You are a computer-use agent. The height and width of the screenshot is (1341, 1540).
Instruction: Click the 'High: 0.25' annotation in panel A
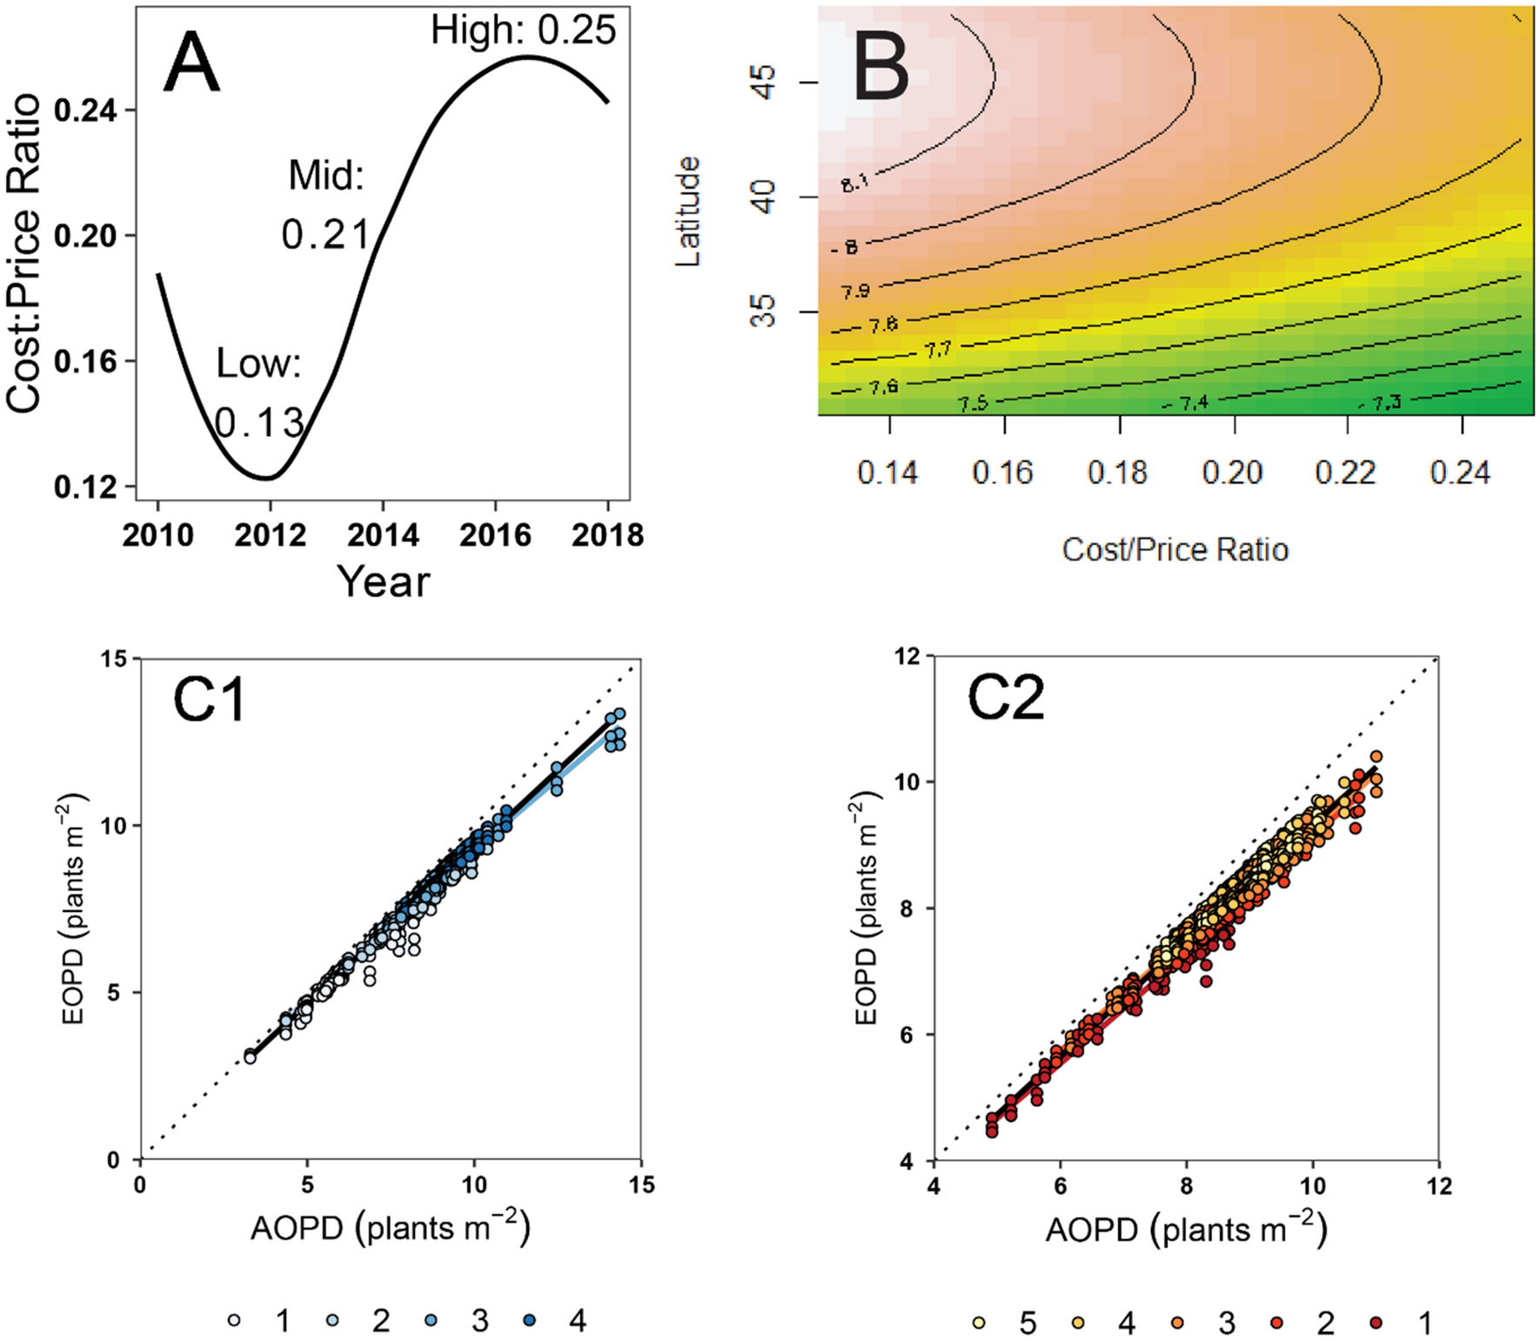[x=523, y=31]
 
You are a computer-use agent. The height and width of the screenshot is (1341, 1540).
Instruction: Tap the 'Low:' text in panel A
[x=258, y=364]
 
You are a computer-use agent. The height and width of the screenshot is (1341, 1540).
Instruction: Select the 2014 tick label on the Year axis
[x=383, y=535]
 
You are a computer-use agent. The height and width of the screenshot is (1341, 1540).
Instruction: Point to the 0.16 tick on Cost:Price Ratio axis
[x=85, y=362]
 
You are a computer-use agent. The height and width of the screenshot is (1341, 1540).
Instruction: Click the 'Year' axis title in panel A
[x=383, y=581]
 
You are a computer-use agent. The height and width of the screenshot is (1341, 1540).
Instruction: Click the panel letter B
[x=880, y=70]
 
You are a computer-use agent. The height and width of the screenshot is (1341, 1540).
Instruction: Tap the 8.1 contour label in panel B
[x=854, y=183]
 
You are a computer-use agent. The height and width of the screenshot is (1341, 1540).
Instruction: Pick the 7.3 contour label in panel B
[x=1386, y=403]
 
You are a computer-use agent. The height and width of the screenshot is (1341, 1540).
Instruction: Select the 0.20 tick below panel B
[x=1232, y=473]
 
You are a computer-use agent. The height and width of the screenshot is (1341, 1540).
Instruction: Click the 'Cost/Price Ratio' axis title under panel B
[x=1175, y=550]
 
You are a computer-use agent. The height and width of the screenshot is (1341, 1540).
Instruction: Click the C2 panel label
[x=1006, y=699]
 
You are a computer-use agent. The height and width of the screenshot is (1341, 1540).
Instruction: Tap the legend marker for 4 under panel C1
[x=530, y=1321]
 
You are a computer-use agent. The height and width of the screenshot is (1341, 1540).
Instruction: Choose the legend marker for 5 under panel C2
[x=979, y=1324]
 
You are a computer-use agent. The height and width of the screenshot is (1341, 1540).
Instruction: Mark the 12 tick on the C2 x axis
[x=1438, y=1186]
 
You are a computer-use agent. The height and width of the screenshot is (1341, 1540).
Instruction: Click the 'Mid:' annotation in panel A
[x=326, y=177]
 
